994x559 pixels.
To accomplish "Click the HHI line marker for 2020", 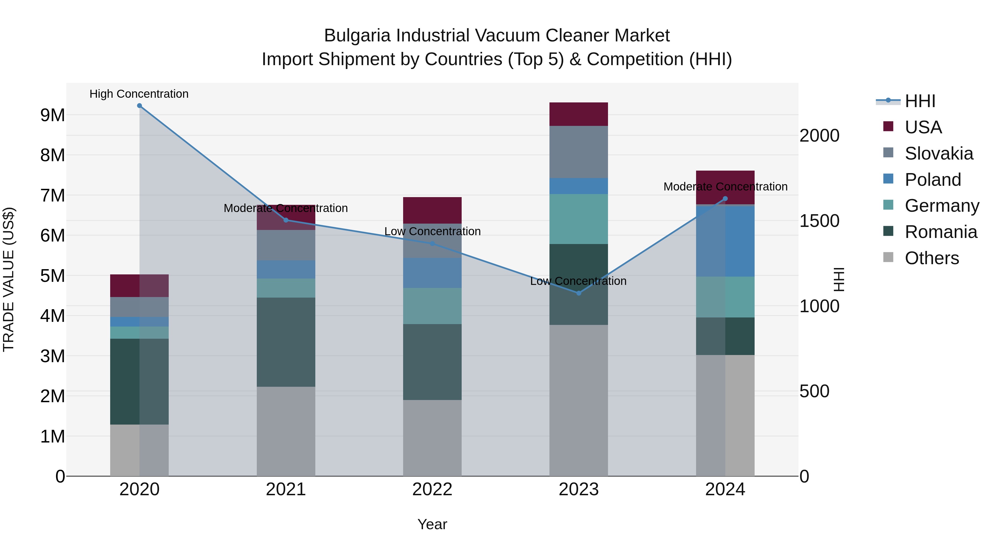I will pyautogui.click(x=139, y=106).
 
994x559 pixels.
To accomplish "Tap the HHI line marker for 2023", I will pyautogui.click(x=578, y=293).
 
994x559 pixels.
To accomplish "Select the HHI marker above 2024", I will pyautogui.click(x=725, y=199).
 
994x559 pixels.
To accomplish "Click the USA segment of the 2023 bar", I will pyautogui.click(x=578, y=114).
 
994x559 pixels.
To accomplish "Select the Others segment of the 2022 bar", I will pyautogui.click(x=432, y=438).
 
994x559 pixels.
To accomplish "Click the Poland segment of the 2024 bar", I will pyautogui.click(x=725, y=241).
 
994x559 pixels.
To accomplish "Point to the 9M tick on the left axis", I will pyautogui.click(x=52, y=115).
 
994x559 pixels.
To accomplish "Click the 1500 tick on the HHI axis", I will pyautogui.click(x=819, y=221).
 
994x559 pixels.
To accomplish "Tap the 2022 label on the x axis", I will pyautogui.click(x=432, y=489).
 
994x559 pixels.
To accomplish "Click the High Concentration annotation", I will pyautogui.click(x=139, y=94).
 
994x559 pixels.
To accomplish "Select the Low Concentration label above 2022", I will pyautogui.click(x=432, y=232).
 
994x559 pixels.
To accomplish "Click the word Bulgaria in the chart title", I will pyautogui.click(x=357, y=36).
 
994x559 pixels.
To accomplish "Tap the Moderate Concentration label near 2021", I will pyautogui.click(x=285, y=208).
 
